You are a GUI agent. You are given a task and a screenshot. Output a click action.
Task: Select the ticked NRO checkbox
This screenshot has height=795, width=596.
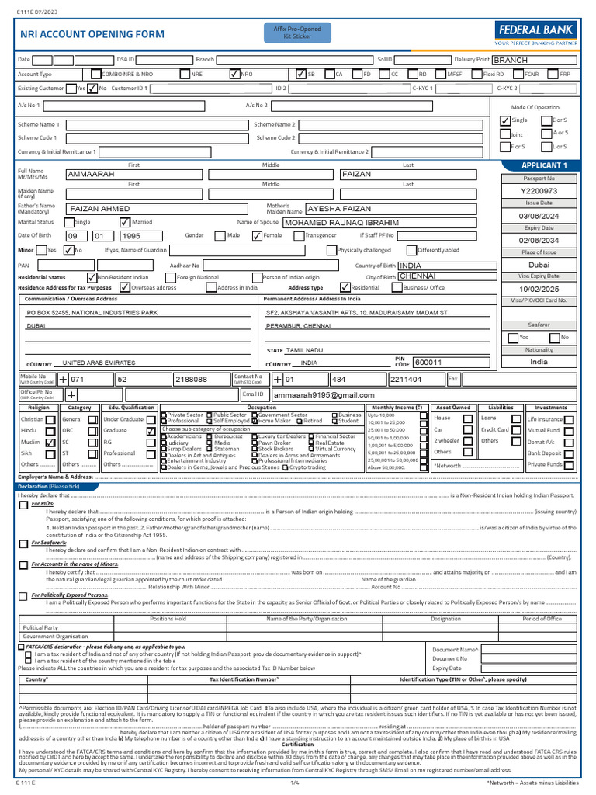235,75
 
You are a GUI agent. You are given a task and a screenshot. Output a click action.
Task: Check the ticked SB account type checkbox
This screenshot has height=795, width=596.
301,75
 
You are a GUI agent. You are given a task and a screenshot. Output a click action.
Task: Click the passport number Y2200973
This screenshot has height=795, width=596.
539,191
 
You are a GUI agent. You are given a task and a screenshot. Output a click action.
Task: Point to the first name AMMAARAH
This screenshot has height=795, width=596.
92,175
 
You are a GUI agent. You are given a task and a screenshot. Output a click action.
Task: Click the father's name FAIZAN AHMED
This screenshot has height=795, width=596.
100,209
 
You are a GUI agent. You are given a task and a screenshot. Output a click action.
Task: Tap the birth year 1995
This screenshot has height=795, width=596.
131,236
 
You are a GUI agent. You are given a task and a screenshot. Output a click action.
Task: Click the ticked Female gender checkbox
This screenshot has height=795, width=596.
257,236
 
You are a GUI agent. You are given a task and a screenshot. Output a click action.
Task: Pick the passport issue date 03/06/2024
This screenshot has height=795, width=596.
539,216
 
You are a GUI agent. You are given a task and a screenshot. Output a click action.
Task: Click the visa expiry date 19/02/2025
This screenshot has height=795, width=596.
539,288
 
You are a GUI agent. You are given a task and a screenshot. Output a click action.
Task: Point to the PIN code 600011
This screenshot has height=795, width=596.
428,363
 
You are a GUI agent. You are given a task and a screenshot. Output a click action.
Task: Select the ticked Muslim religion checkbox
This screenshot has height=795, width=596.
50,441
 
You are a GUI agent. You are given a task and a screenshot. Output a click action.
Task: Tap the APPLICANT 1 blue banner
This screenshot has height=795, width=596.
544,165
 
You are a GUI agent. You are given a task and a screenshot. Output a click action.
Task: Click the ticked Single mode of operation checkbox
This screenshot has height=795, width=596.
505,120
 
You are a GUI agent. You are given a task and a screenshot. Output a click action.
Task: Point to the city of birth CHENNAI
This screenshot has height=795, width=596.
417,276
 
